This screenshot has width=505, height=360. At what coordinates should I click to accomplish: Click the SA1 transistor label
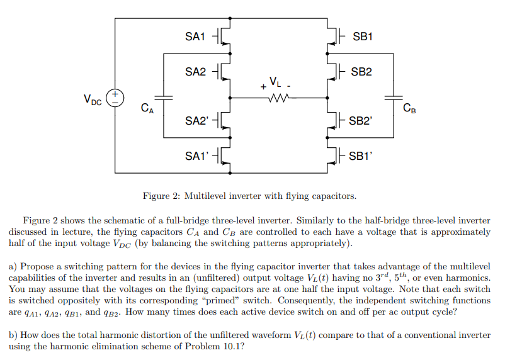coord(195,37)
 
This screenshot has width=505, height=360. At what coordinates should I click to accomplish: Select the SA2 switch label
coord(195,72)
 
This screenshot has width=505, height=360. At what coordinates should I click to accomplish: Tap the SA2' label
coord(196,120)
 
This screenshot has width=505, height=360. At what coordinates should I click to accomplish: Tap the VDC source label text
coord(93,98)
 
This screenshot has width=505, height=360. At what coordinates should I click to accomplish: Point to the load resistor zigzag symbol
coord(278,98)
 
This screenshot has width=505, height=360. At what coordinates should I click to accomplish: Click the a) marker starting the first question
coord(13,267)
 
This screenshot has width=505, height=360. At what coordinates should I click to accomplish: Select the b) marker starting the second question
coord(13,335)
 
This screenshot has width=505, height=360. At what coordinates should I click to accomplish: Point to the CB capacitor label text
coord(409,110)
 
